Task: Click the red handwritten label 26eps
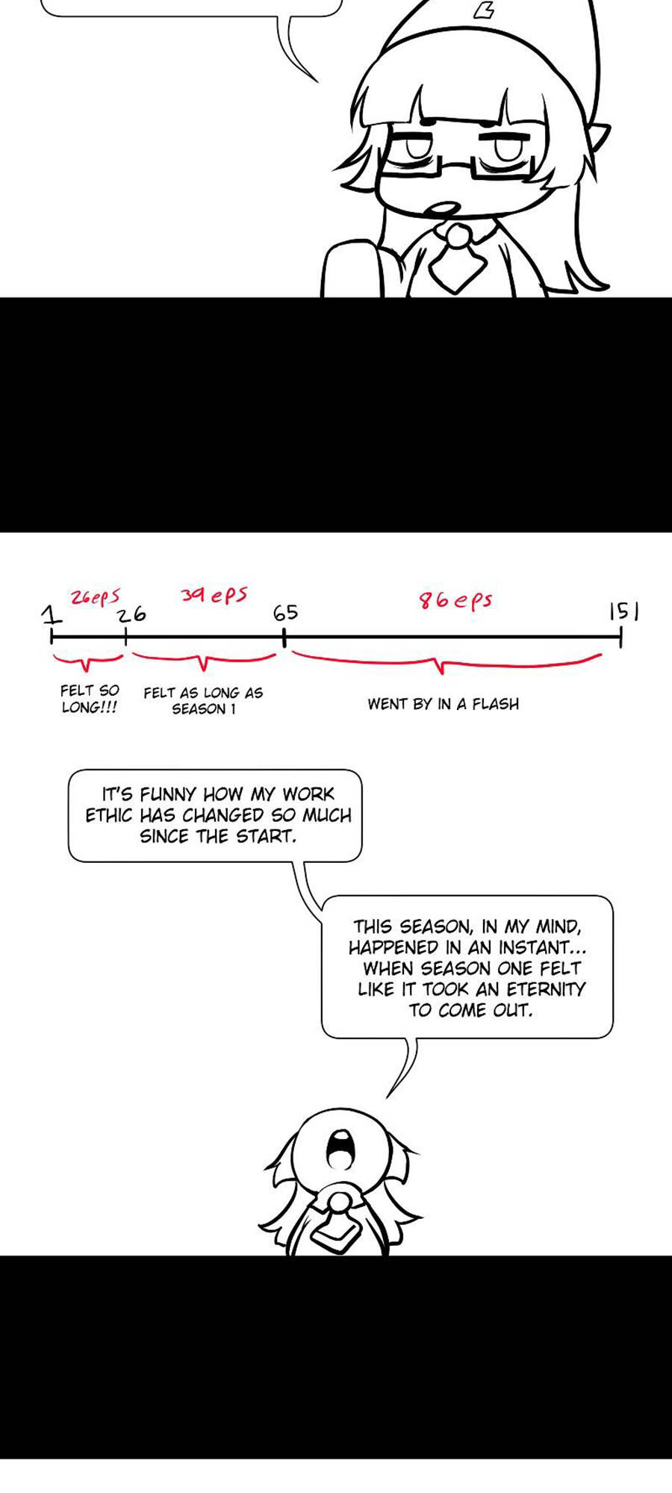tap(95, 597)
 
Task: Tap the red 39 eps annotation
tap(214, 595)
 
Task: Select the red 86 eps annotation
tap(455, 600)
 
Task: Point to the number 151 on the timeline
tap(624, 612)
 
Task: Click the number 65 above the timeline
tap(285, 613)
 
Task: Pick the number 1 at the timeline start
tap(51, 615)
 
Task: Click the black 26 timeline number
tap(131, 614)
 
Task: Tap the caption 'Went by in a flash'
tap(443, 704)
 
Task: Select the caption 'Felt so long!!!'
tap(90, 699)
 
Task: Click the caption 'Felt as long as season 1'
tap(203, 701)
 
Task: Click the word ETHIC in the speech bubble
tap(110, 815)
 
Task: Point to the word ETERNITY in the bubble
tap(546, 989)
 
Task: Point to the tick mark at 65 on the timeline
tap(284, 638)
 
